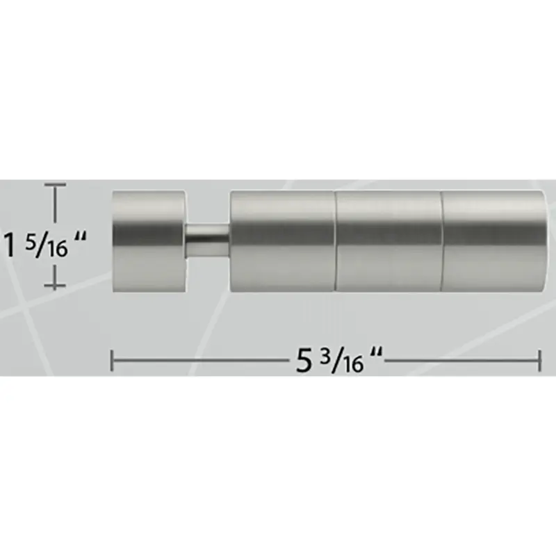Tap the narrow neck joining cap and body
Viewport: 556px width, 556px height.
(206, 241)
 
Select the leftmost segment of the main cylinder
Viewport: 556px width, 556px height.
(282, 240)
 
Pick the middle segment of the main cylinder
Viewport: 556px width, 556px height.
(389, 240)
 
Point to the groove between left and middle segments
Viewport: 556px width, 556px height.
(336, 240)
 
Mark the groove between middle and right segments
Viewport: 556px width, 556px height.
(441, 240)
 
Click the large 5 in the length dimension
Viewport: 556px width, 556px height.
(303, 361)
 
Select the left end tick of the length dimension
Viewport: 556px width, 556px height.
(113, 361)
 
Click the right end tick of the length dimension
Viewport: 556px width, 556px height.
(540, 361)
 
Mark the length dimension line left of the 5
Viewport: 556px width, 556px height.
(202, 361)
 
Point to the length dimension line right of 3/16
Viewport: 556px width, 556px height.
(459, 361)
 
